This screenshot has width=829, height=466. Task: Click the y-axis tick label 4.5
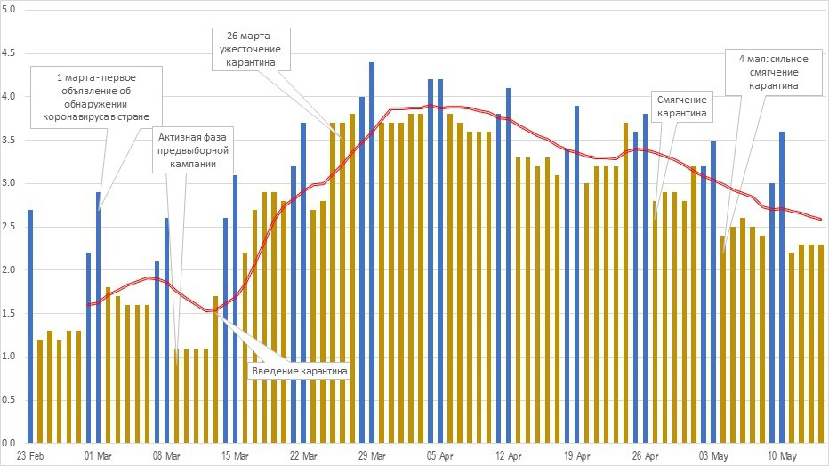click(11, 53)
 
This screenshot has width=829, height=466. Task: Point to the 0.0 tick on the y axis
click(11, 442)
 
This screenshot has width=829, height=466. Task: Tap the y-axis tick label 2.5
click(11, 226)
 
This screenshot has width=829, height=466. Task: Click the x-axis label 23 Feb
click(30, 455)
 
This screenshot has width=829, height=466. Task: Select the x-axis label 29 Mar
click(371, 455)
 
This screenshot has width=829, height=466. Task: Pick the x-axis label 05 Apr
click(439, 455)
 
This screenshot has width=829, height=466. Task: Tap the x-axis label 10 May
click(781, 455)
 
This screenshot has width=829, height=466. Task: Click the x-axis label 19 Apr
click(576, 455)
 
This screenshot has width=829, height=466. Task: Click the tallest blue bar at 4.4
click(371, 252)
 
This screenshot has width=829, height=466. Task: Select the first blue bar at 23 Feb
click(30, 325)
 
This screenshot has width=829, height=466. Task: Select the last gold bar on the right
click(820, 342)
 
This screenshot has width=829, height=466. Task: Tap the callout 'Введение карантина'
click(299, 369)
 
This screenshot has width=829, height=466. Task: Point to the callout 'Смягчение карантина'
click(683, 107)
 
